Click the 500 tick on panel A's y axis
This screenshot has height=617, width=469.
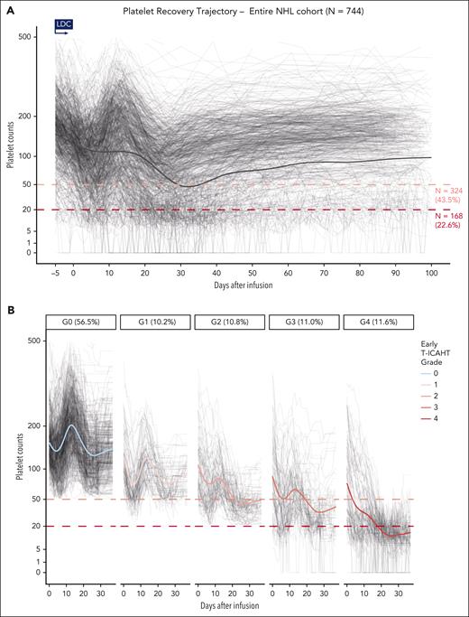point(37,37)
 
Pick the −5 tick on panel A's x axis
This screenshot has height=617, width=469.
point(56,271)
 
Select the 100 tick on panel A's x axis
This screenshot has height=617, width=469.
point(431,271)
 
